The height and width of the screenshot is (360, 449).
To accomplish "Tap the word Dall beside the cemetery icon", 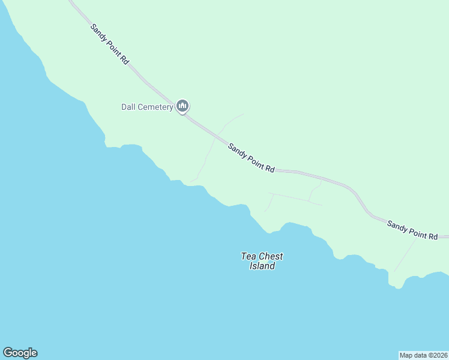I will (129, 107).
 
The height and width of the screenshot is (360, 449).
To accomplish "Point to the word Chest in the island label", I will (271, 256).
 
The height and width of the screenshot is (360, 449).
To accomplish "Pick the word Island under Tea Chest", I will (262, 266).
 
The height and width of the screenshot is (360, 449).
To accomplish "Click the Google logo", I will (20, 353).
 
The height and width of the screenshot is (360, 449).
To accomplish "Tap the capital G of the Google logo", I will (8, 352).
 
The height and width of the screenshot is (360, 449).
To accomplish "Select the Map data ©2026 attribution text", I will (423, 355).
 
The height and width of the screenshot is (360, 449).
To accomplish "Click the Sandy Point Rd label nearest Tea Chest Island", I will (251, 158).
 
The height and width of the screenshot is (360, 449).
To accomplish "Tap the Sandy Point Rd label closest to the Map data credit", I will (412, 230).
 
